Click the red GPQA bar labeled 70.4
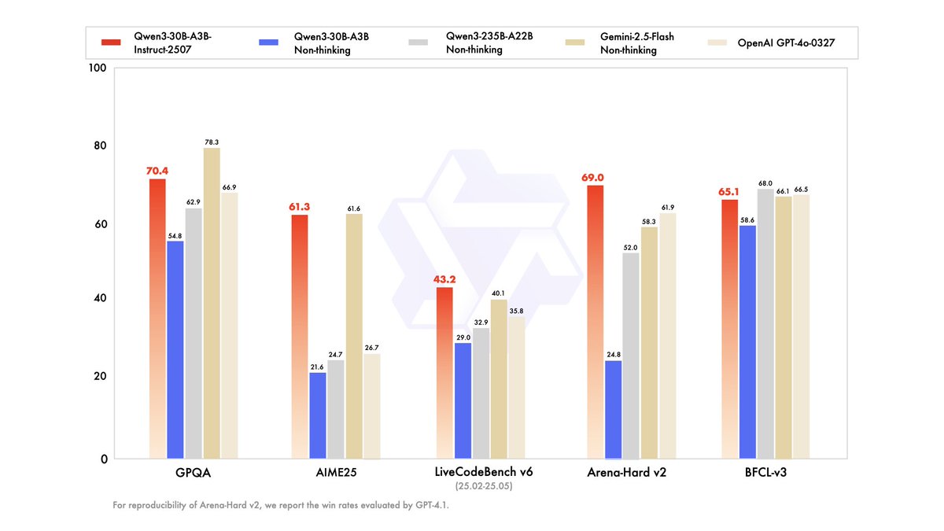[x=157, y=319]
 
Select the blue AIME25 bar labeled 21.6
[x=318, y=415]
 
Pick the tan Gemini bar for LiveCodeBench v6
[x=499, y=378]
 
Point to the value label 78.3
[x=212, y=142]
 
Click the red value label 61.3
[x=300, y=207]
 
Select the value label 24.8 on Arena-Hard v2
[x=613, y=354]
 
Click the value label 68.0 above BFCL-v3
[x=765, y=183]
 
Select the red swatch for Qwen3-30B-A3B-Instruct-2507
[x=111, y=42]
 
